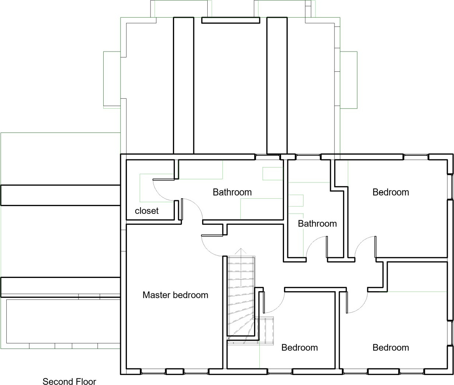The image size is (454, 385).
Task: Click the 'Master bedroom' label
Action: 175,295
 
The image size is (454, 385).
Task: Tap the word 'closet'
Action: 146,211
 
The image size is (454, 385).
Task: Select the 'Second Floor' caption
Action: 69,381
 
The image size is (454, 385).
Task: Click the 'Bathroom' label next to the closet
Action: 232,192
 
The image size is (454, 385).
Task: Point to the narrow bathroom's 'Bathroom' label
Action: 317,224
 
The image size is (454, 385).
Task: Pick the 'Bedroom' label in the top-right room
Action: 391,192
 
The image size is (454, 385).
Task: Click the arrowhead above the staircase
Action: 241,251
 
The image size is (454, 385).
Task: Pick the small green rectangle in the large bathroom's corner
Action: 273,174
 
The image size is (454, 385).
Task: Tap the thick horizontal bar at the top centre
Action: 231,20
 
